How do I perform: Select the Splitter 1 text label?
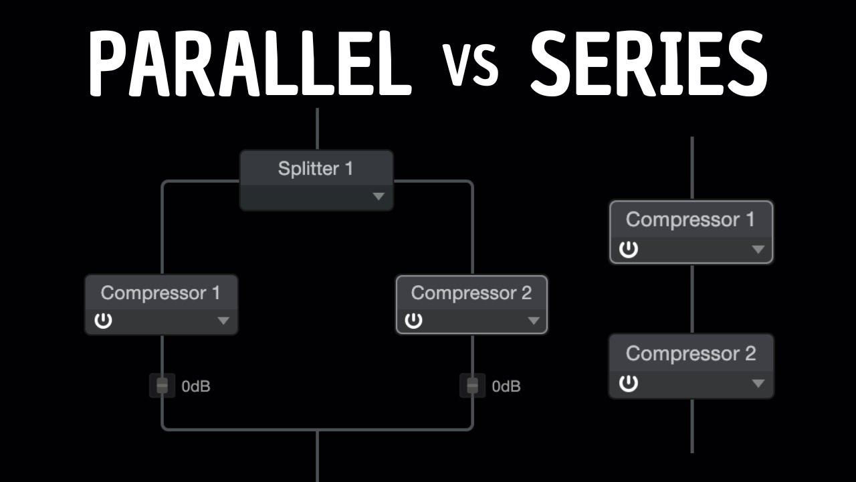click(315, 169)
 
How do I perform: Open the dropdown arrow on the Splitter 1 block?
click(379, 196)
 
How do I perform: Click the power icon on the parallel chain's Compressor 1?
click(103, 321)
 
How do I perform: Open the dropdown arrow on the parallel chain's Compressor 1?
click(223, 321)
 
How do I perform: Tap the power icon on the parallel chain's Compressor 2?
click(414, 321)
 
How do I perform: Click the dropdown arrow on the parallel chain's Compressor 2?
click(533, 321)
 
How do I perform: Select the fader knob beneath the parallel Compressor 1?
click(162, 386)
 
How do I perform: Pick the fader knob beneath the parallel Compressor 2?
click(473, 386)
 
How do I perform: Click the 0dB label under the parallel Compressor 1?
click(196, 386)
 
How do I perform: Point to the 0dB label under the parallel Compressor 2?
click(506, 386)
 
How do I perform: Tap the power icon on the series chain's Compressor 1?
click(628, 250)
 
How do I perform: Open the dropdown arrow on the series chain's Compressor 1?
click(758, 250)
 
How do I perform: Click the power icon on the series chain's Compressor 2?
click(628, 384)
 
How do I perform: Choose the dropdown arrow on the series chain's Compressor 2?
click(758, 384)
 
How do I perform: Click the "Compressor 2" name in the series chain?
click(691, 353)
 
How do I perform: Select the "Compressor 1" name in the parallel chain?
click(160, 293)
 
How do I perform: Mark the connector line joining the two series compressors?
click(691, 299)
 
